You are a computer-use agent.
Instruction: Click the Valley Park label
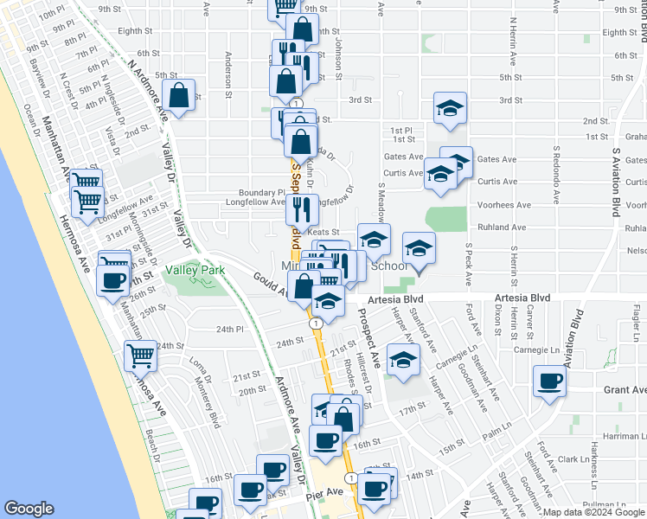tap(195, 271)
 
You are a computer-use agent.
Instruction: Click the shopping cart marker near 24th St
tap(140, 356)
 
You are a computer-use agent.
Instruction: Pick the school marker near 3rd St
tap(450, 109)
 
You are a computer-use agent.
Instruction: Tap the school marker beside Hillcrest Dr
tap(402, 360)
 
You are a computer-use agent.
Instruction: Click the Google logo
tap(29, 508)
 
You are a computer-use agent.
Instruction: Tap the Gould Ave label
tap(269, 282)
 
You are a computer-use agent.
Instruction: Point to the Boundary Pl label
tap(263, 193)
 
